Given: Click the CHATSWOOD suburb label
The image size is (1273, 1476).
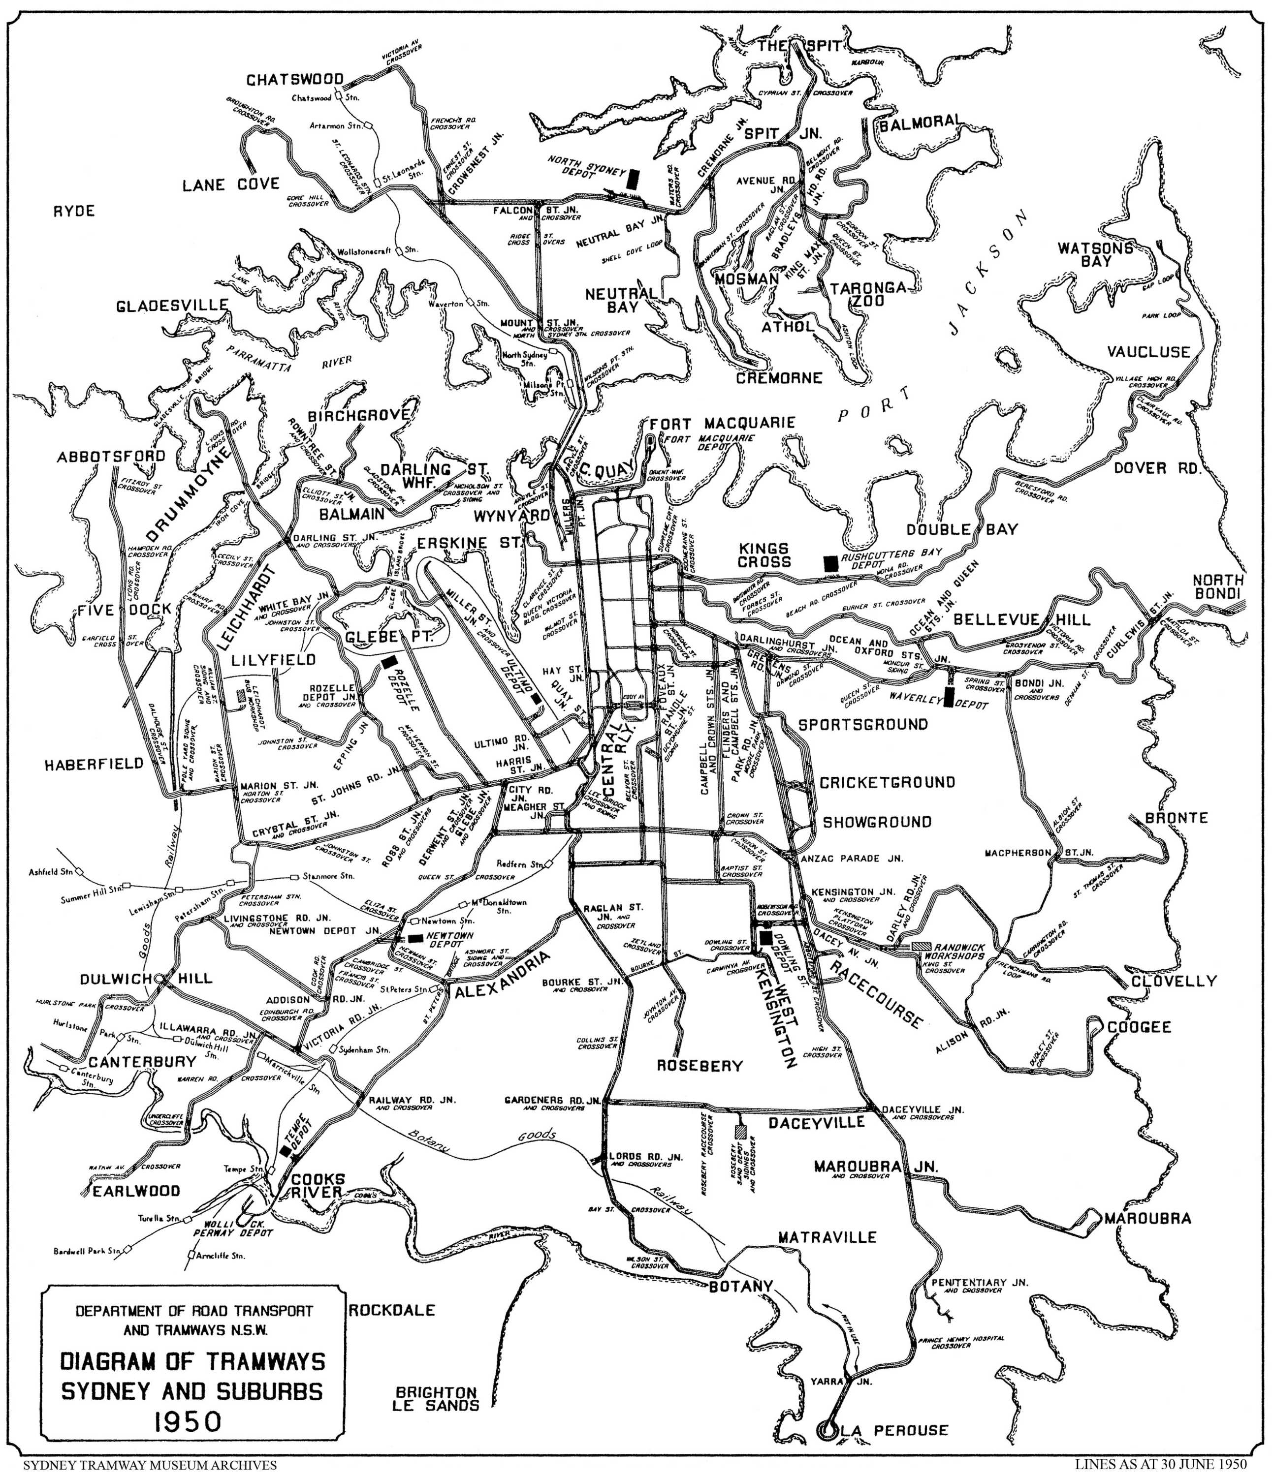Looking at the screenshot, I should point(295,80).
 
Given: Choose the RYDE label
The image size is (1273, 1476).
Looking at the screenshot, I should point(74,211).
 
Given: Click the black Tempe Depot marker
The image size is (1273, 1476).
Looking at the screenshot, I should point(286,1150).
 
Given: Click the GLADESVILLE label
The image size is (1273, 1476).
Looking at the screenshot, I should point(172,306).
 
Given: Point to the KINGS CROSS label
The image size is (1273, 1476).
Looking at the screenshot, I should point(764,555).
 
